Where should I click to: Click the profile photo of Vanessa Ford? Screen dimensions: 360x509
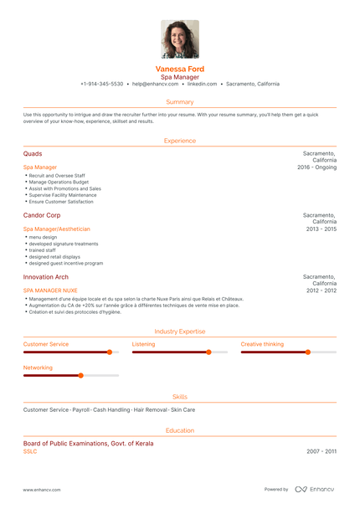[180, 39]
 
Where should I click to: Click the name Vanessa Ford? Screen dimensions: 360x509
[180, 69]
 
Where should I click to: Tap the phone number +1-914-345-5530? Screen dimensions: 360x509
[101, 85]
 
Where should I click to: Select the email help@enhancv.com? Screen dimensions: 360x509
[153, 85]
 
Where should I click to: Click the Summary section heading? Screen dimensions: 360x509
[180, 101]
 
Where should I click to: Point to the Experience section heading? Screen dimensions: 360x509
[180, 141]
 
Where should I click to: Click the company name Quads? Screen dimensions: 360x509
[33, 154]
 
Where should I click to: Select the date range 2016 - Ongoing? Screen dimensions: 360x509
[316, 167]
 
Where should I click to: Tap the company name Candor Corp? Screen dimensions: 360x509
[42, 215]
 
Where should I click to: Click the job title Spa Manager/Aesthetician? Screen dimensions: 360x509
[56, 229]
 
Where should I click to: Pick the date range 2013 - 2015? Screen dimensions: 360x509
[321, 229]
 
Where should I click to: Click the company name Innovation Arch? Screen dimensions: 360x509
[46, 276]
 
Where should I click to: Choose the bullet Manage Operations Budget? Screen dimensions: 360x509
[58, 182]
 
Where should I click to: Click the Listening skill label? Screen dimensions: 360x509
[143, 344]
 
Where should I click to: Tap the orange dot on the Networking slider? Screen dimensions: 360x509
[80, 376]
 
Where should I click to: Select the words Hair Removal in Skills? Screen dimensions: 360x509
[150, 410]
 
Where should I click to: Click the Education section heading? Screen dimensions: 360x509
[180, 430]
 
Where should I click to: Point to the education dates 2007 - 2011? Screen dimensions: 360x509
[321, 451]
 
